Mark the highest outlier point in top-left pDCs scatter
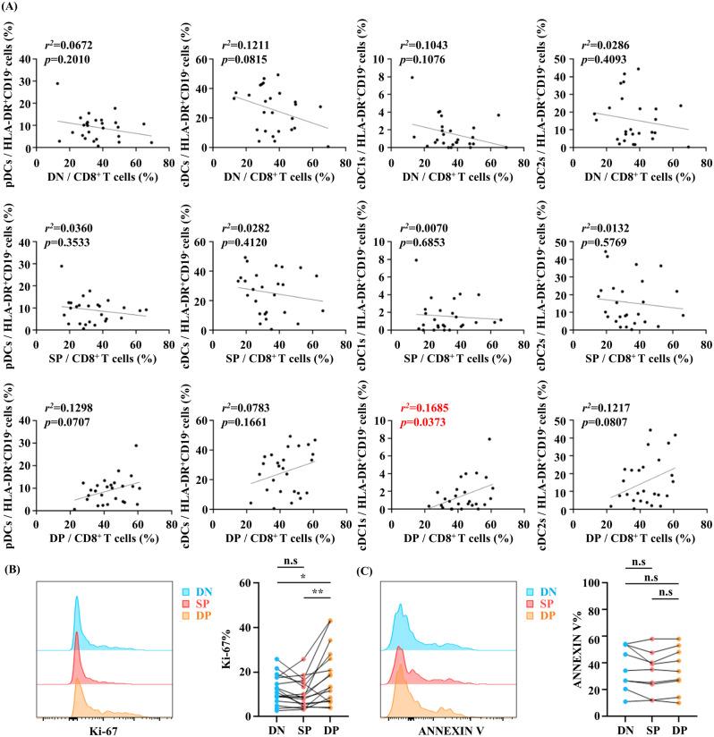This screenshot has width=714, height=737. coord(58,84)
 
